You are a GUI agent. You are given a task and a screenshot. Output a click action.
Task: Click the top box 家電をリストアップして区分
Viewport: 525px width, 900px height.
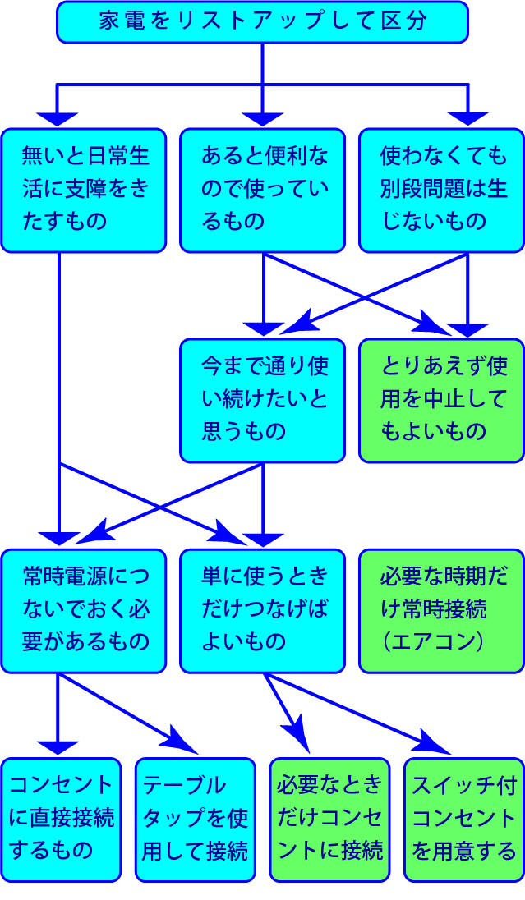click(x=262, y=22)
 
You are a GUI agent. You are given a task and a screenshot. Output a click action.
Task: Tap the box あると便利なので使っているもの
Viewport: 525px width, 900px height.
click(x=262, y=190)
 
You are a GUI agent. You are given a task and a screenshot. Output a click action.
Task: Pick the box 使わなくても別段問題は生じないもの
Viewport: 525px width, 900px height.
click(x=441, y=190)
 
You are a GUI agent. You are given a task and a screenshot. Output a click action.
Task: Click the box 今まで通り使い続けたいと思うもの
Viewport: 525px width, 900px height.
click(x=262, y=400)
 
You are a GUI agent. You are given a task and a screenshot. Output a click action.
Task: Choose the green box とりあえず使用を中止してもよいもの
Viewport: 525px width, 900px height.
click(x=441, y=400)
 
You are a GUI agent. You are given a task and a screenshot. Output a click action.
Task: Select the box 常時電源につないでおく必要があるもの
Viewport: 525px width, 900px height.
click(x=83, y=611)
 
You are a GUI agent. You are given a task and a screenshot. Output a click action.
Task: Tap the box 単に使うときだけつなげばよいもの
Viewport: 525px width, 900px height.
click(x=262, y=611)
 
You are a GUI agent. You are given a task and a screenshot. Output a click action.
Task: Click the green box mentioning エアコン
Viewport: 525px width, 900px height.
click(x=441, y=611)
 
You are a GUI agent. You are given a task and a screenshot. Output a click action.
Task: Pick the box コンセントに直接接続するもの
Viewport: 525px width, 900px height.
click(x=61, y=819)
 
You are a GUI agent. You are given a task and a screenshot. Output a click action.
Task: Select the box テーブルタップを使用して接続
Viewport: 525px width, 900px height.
click(x=196, y=819)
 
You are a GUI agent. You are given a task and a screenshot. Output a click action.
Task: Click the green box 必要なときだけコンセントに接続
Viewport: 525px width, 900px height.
click(x=329, y=819)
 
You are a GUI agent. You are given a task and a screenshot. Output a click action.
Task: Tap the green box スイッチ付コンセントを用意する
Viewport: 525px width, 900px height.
click(x=464, y=819)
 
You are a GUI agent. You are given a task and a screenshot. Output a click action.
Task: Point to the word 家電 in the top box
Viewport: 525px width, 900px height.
click(x=114, y=22)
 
